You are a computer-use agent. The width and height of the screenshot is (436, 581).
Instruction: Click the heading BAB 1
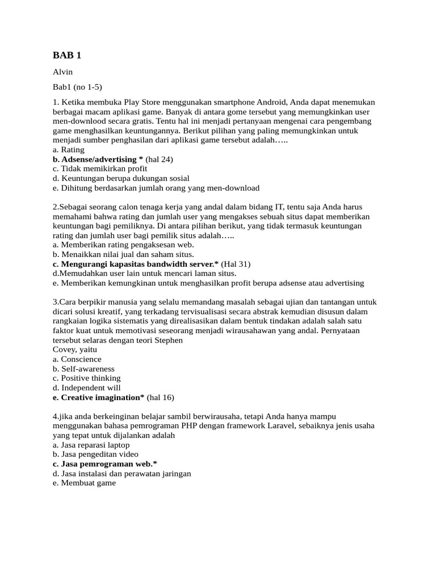pyautogui.click(x=67, y=55)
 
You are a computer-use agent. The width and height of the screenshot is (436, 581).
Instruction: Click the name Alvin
pyautogui.click(x=62, y=72)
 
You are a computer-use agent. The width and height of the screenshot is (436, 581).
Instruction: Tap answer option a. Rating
pyautogui.click(x=68, y=150)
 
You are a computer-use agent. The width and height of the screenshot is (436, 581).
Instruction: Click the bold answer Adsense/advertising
pyautogui.click(x=98, y=159)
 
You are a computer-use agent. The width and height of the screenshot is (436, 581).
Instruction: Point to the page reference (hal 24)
pyautogui.click(x=159, y=159)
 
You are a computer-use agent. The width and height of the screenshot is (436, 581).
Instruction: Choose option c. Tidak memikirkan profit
pyautogui.click(x=99, y=169)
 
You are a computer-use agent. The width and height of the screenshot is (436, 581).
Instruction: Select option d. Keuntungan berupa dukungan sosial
pyautogui.click(x=120, y=178)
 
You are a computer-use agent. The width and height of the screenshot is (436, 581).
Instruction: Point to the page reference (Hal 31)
pyautogui.click(x=236, y=264)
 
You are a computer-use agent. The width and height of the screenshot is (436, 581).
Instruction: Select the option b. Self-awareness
pyautogui.click(x=83, y=369)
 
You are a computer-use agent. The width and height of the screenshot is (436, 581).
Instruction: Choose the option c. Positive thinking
pyautogui.click(x=86, y=378)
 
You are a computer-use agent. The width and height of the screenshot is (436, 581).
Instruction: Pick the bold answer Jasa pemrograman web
pyautogui.click(x=104, y=464)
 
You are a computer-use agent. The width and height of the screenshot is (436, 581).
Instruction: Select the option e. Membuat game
pyautogui.click(x=83, y=483)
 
